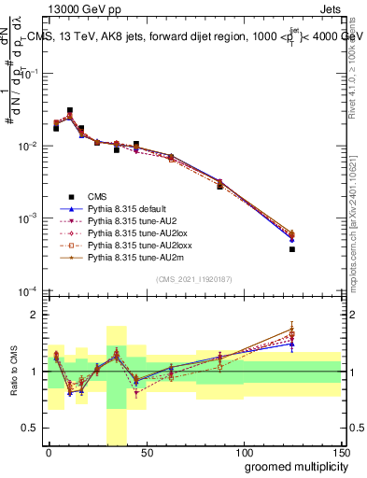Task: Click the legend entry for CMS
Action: coord(97,196)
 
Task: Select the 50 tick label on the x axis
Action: coord(146,453)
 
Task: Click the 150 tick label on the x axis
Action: coord(340,453)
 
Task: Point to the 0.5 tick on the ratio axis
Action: coord(34,429)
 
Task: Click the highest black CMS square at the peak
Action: coord(70,110)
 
